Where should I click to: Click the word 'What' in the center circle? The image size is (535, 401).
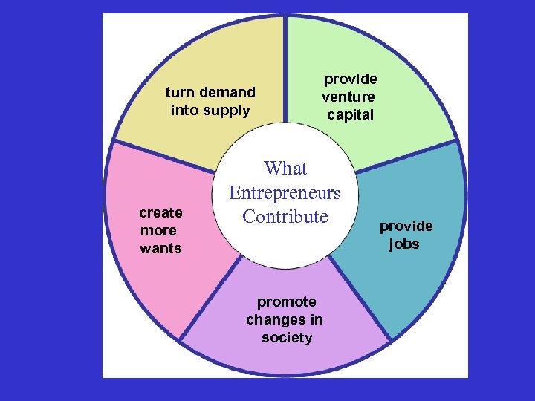pyautogui.click(x=285, y=169)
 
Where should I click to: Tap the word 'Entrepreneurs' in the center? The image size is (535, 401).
pyautogui.click(x=285, y=193)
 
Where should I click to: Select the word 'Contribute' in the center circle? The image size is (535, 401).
pyautogui.click(x=285, y=217)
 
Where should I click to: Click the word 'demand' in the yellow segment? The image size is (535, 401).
pyautogui.click(x=227, y=93)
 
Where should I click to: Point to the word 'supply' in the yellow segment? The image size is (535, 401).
pyautogui.click(x=230, y=111)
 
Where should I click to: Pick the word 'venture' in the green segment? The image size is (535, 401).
pyautogui.click(x=348, y=97)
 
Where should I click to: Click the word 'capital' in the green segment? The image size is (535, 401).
pyautogui.click(x=350, y=114)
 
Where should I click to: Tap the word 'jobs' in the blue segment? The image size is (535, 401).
pyautogui.click(x=404, y=244)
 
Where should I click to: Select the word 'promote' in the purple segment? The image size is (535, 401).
pyautogui.click(x=286, y=301)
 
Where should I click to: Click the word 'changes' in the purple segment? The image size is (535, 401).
pyautogui.click(x=274, y=320)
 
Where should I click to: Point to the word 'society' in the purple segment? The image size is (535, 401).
pyautogui.click(x=287, y=338)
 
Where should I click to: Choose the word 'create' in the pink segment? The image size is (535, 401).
pyautogui.click(x=160, y=212)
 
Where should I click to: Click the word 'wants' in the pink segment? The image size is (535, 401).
pyautogui.click(x=160, y=248)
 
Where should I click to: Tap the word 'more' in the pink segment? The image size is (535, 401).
pyautogui.click(x=158, y=230)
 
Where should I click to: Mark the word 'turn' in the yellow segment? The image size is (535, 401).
pyautogui.click(x=178, y=93)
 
